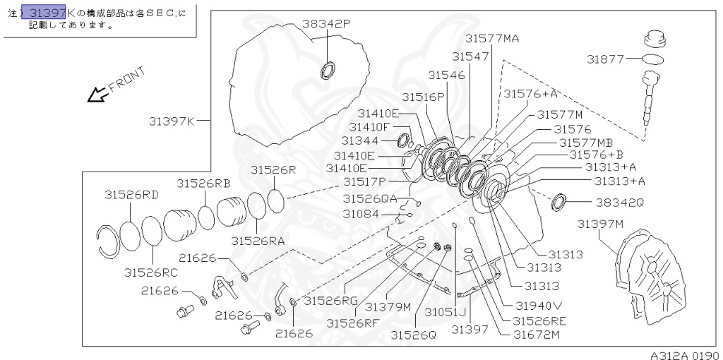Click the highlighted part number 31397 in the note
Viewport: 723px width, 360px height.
[47, 12]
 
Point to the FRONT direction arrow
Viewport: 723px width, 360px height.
[95, 94]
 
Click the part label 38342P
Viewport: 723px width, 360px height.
[326, 23]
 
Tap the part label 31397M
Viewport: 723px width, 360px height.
[600, 224]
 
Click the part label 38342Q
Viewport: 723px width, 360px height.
[619, 202]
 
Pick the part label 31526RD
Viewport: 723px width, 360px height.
[131, 194]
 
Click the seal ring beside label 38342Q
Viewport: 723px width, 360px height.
[558, 202]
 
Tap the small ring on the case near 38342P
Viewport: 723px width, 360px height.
[328, 70]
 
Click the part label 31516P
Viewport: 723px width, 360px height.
[424, 96]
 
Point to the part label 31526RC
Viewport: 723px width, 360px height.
[151, 272]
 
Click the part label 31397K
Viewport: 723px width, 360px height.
[171, 121]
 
